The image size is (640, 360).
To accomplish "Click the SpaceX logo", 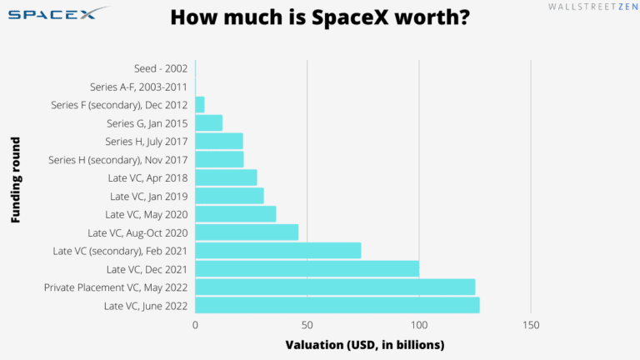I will tap(57, 14).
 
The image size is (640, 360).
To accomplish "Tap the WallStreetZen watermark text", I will tap(587, 7).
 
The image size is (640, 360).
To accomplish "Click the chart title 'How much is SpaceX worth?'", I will tap(319, 17).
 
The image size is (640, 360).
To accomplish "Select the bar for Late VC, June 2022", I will tap(337, 305).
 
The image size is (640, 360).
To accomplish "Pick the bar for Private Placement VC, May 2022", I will tap(335, 287).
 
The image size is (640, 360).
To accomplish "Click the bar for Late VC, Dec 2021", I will tap(307, 268).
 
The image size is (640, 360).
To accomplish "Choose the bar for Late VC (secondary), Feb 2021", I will tap(277, 250).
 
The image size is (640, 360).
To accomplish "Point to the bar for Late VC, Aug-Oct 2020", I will tap(247, 232).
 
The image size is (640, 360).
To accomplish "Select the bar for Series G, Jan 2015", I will tap(208, 122).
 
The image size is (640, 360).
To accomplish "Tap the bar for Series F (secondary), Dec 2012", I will tap(200, 104).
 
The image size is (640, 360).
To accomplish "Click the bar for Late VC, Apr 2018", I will tap(226, 177).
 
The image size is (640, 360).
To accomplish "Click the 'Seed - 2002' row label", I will tap(160, 68).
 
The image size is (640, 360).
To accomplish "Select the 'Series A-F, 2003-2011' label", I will tap(138, 87).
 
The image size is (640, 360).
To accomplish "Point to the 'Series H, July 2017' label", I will tap(146, 141).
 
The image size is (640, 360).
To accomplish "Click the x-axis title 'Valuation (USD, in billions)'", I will tap(364, 345).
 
